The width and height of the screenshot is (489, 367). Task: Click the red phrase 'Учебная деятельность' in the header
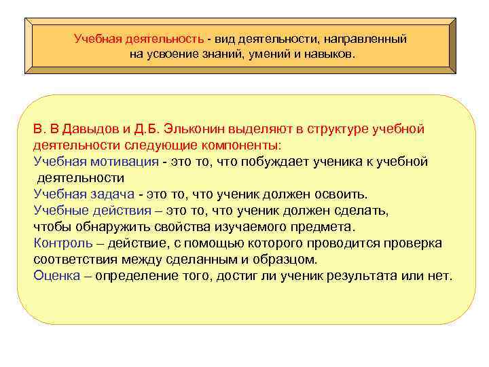click(x=139, y=39)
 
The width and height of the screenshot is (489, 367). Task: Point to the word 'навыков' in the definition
click(x=330, y=53)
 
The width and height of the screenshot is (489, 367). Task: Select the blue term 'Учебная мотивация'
click(x=95, y=162)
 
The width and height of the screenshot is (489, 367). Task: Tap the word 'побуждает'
click(x=271, y=162)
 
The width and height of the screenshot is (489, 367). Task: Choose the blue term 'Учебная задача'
click(x=84, y=194)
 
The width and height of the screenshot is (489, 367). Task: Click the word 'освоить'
click(x=344, y=194)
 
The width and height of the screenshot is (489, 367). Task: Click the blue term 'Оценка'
click(x=56, y=276)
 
